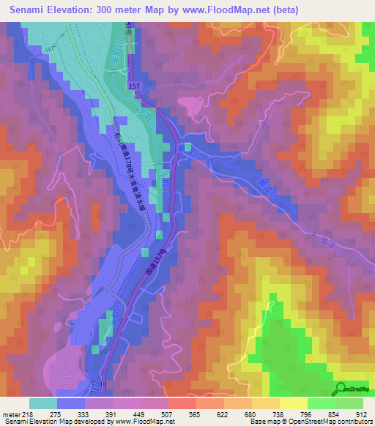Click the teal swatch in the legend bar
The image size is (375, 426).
tap(43, 403)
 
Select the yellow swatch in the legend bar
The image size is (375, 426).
tap(293, 403)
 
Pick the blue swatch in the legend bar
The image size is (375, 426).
tap(71, 403)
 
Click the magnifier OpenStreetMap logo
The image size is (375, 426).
tap(341, 388)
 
